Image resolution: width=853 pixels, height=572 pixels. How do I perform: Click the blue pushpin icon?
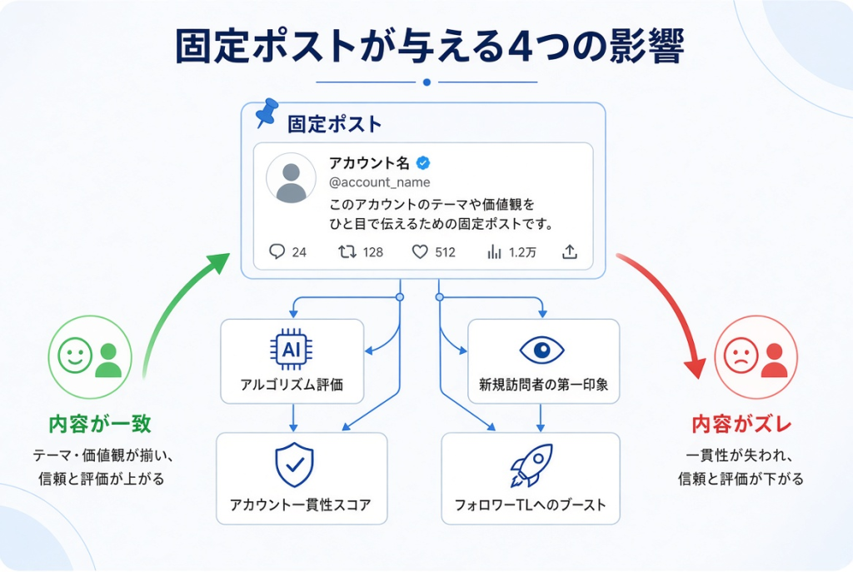(x=267, y=112)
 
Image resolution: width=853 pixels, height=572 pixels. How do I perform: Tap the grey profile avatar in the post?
(x=291, y=178)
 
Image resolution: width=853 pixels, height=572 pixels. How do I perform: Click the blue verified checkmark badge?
(x=423, y=162)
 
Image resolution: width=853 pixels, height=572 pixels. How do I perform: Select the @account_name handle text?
(x=380, y=182)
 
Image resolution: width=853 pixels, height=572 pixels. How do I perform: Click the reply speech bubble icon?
(x=277, y=251)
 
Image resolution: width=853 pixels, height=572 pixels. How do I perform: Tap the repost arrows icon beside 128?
(x=347, y=251)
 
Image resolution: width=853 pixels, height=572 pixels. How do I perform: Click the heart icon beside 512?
(x=420, y=251)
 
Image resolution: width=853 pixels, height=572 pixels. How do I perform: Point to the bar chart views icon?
(x=494, y=251)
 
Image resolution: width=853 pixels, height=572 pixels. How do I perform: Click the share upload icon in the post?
(x=570, y=251)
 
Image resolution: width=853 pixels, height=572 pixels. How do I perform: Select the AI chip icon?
(x=292, y=349)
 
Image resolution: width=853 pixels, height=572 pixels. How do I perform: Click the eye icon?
(x=541, y=350)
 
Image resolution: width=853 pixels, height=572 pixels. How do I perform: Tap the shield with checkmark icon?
(x=294, y=465)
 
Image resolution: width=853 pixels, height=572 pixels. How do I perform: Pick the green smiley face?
(x=75, y=356)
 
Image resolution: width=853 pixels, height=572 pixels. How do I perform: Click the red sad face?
(x=741, y=356)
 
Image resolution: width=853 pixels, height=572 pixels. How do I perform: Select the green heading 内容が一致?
(x=100, y=424)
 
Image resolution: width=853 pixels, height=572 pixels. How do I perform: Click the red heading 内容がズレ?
(x=741, y=424)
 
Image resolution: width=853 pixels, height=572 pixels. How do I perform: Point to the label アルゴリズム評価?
(x=292, y=385)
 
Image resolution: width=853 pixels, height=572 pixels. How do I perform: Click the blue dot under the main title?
(x=427, y=82)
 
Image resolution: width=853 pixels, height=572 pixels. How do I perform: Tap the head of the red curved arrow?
(x=694, y=367)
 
